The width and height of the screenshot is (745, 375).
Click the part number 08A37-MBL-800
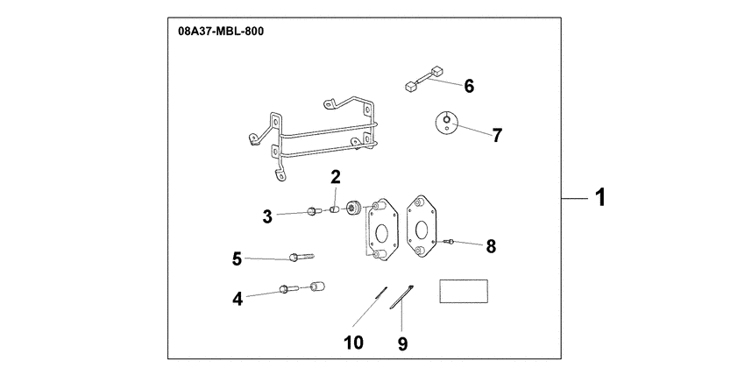[x=220, y=31]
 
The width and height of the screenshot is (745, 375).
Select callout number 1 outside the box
[x=599, y=199]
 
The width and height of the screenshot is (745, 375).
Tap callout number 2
[x=335, y=177]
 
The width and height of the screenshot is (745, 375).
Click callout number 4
[x=237, y=299]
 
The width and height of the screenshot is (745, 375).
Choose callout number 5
[x=237, y=258]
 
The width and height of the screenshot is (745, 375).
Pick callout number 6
[x=468, y=86]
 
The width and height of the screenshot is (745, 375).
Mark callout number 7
[x=496, y=135]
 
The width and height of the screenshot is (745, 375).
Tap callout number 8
[x=490, y=246]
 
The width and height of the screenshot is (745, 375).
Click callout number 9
[x=402, y=343]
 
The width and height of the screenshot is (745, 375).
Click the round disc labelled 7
[x=448, y=123]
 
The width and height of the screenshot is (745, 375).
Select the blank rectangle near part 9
[x=463, y=291]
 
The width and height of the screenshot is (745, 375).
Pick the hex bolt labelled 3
[x=313, y=211]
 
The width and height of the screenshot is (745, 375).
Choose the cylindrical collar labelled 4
[x=317, y=287]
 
